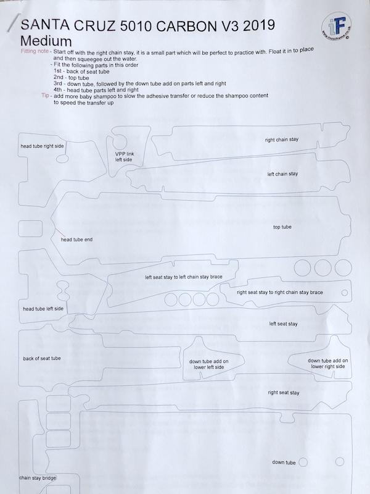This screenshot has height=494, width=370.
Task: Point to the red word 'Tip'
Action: coord(45,96)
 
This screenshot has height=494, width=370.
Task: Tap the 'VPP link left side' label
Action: coord(123,156)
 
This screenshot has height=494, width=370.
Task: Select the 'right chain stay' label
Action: coord(282,141)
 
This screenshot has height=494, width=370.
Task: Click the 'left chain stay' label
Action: coord(282,174)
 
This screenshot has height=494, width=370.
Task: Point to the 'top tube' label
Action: coord(282,227)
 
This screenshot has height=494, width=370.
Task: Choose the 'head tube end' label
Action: coord(77,239)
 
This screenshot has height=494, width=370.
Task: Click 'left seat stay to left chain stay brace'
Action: coord(183,277)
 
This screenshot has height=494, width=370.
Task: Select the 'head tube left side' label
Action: coord(43,308)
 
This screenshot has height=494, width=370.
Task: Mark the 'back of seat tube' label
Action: coord(42,358)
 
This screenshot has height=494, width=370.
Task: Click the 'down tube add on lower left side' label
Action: coord(208,364)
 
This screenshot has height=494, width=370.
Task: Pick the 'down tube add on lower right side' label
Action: coord(327,363)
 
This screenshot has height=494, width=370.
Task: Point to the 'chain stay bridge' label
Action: coord(38,478)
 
